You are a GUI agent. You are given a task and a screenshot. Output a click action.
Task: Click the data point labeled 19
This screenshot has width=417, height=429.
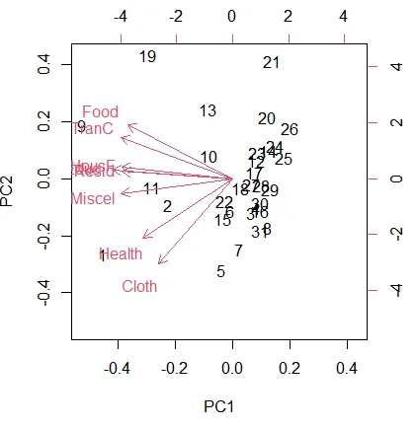148,57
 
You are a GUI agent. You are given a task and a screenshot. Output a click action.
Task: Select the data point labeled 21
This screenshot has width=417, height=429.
272,63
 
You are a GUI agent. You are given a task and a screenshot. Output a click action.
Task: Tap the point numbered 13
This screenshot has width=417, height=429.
208,110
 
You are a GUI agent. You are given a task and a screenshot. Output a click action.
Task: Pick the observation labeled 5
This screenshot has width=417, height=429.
220,271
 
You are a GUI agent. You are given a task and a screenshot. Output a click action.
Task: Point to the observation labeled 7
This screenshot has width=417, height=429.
238,250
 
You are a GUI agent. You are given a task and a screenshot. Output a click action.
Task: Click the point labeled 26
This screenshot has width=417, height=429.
290,129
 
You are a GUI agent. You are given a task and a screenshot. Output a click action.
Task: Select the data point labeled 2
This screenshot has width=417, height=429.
168,206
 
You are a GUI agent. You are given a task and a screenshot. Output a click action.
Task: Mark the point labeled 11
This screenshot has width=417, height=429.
151,188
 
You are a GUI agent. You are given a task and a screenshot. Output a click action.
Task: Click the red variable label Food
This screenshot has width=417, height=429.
101,112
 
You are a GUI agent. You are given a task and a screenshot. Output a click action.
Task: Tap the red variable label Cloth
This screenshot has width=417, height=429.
139,287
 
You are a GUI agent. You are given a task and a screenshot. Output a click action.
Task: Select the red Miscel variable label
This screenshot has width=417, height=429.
93,199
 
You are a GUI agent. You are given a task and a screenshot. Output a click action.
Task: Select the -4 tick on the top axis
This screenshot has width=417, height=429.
121,17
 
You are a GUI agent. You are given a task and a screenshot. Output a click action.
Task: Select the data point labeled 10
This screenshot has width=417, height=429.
208,158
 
